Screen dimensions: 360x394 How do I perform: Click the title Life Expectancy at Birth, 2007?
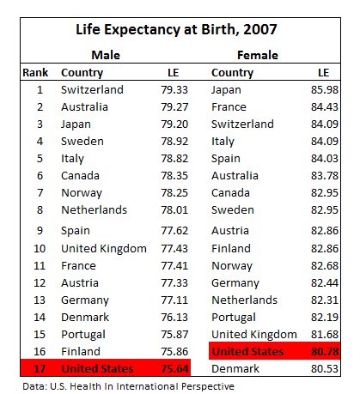click(176, 30)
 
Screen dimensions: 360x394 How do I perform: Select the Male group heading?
click(106, 55)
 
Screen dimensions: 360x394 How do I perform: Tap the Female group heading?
click(258, 55)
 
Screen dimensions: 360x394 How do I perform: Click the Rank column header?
click(35, 73)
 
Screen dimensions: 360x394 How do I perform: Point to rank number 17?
click(40, 368)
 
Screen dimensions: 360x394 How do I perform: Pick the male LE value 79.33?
click(174, 90)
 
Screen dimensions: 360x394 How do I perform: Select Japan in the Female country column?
click(226, 90)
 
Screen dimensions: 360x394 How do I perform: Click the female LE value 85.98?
click(325, 90)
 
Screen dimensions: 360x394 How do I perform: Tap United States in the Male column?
click(98, 368)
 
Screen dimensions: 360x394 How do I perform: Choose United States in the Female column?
click(248, 351)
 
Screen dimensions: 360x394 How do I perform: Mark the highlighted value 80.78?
click(325, 351)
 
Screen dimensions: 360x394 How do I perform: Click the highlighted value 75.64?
click(174, 368)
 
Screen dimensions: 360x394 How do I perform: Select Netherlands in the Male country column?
click(95, 210)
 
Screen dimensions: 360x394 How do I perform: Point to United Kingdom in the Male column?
click(104, 249)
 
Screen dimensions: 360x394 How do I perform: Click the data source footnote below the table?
click(129, 386)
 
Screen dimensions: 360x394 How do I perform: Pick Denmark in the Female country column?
click(235, 368)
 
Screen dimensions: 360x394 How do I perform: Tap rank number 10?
click(40, 249)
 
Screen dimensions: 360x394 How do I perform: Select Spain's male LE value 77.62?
click(174, 231)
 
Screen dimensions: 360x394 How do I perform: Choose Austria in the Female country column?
click(230, 231)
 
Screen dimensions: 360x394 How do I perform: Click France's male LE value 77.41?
click(174, 266)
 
